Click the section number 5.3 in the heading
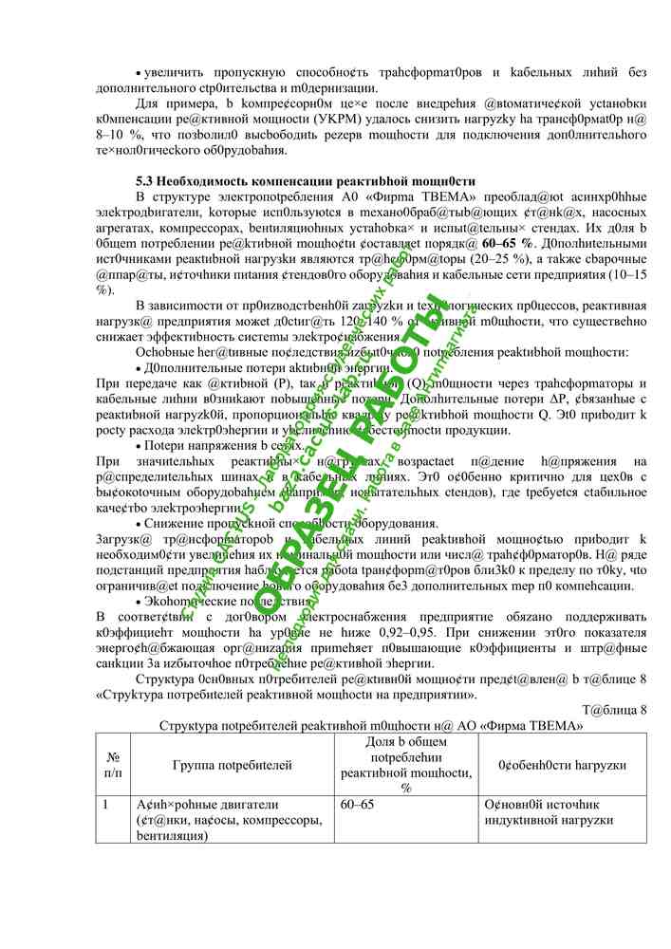pyautogui.click(x=145, y=181)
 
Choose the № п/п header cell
pyautogui.click(x=114, y=764)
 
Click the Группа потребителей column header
pyautogui.click(x=232, y=764)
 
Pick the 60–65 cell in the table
pyautogui.click(x=357, y=805)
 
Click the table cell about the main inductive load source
pyautogui.click(x=547, y=812)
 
